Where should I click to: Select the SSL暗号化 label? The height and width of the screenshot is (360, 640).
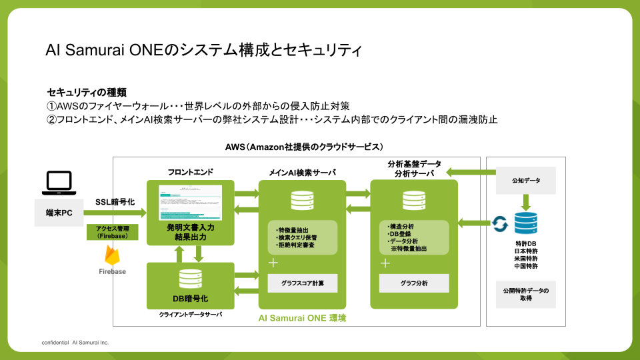[115, 202]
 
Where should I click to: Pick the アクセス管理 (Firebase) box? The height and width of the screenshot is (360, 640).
[117, 232]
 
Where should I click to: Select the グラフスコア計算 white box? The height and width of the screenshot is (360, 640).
[303, 283]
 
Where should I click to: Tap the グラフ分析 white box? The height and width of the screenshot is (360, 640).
[414, 283]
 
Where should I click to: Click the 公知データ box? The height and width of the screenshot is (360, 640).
[526, 180]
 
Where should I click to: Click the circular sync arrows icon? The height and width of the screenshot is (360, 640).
[499, 223]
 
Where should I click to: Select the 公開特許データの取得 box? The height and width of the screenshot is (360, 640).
[526, 295]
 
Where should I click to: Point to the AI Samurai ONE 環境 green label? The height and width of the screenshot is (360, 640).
[302, 318]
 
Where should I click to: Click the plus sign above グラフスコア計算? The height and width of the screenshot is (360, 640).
[273, 263]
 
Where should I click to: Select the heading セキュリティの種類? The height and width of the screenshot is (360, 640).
[87, 92]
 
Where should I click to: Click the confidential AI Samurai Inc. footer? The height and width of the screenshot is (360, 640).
[75, 342]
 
